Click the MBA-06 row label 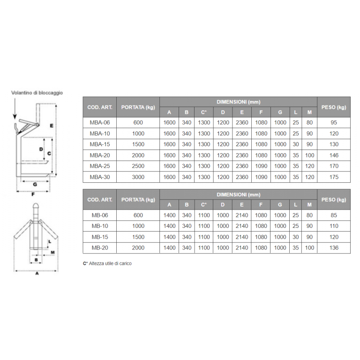coord(99,123)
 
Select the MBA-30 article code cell coord(99,177)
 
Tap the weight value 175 coord(334,177)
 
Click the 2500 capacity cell coord(138,166)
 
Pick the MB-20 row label coord(99,247)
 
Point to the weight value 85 coord(334,215)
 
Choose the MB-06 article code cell coord(99,215)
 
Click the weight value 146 coord(334,155)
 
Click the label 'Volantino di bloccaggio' coord(37,93)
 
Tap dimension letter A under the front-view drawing coord(37,274)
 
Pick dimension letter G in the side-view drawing coord(35,185)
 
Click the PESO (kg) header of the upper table coord(334,107)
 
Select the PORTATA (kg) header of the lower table coord(138,200)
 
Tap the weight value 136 coord(334,247)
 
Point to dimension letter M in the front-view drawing coord(53,252)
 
